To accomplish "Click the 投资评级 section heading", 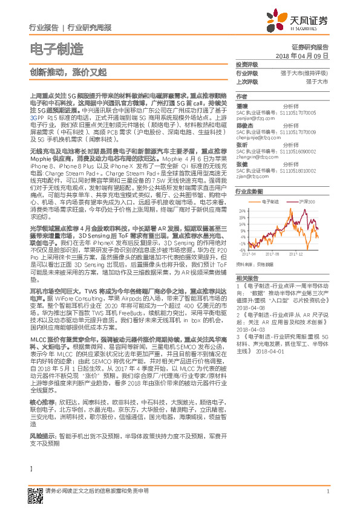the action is (247, 65).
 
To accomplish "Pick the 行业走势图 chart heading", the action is (248, 190).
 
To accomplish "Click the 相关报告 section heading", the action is (247, 277).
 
